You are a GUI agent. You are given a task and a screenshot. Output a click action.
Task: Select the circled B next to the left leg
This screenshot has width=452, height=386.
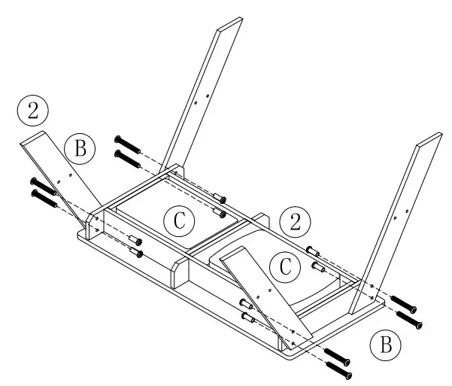coord(80,150)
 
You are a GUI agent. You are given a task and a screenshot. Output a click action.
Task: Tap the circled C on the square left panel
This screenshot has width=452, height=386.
coord(179,221)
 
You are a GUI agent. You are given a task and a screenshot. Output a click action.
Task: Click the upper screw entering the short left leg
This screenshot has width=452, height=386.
coord(43,186)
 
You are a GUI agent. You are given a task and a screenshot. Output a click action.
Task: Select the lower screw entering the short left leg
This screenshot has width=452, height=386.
coord(44,199)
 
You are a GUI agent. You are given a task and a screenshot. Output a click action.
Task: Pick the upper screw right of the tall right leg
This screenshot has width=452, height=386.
coord(405,303)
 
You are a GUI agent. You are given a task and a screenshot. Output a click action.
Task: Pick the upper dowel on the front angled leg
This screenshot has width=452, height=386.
coord(245,305)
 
